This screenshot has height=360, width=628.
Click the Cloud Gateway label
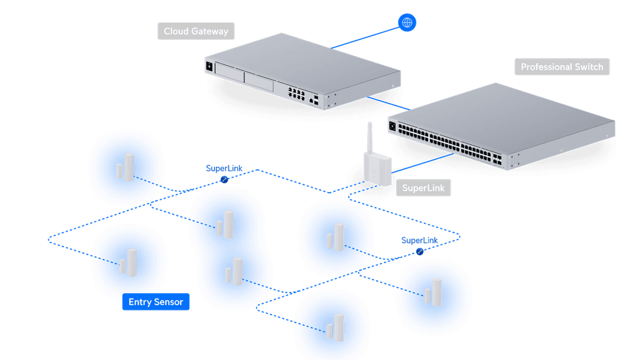click(196, 31)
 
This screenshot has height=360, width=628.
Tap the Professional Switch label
click(562, 67)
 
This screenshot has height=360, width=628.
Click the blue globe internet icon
click(407, 23)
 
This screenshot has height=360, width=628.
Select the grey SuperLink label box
click(423, 188)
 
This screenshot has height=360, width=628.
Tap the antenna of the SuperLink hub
click(370, 137)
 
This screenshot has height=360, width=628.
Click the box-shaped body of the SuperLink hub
click(377, 169)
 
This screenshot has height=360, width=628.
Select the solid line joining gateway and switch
click(388, 103)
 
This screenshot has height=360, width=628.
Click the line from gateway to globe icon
click(365, 37)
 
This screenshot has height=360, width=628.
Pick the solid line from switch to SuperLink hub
click(423, 163)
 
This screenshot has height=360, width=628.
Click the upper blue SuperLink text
click(224, 169)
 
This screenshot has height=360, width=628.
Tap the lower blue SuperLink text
click(419, 240)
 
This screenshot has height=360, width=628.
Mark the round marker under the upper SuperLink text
click(224, 180)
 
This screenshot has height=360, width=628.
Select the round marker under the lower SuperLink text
click(419, 251)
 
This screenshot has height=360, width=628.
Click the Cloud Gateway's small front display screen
click(209, 66)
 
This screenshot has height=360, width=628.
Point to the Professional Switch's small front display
click(392, 126)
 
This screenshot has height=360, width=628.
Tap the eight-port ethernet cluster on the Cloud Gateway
click(296, 94)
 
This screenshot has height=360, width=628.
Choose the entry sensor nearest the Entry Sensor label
click(128, 262)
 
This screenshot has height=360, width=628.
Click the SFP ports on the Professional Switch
click(497, 159)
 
